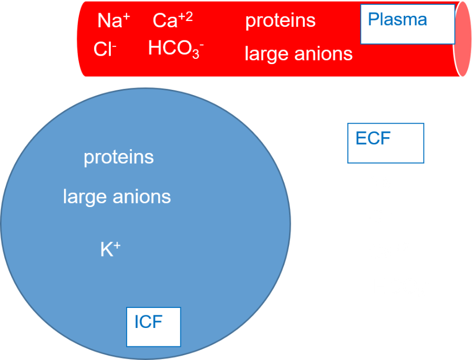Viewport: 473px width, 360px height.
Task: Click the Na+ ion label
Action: click(x=114, y=20)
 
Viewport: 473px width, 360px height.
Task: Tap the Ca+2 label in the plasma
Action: click(x=172, y=20)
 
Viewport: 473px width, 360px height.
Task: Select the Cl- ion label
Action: click(x=105, y=49)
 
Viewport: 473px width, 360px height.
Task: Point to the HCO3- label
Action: click(x=176, y=49)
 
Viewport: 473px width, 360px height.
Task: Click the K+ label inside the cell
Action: click(x=110, y=249)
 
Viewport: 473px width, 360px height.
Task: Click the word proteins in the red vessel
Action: click(x=280, y=21)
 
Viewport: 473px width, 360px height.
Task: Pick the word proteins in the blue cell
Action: click(x=119, y=158)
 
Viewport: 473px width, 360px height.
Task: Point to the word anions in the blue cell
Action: click(x=142, y=197)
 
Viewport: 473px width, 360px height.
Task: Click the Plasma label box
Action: click(x=407, y=24)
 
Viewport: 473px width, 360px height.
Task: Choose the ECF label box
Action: click(x=386, y=143)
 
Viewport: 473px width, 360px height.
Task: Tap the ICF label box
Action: click(x=153, y=327)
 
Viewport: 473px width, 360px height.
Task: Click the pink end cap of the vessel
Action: click(x=462, y=39)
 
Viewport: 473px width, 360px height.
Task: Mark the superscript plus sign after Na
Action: click(x=126, y=17)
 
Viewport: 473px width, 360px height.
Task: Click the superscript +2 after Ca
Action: click(x=186, y=17)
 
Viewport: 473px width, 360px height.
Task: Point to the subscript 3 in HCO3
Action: click(x=196, y=54)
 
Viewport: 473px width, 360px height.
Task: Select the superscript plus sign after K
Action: click(x=117, y=246)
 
